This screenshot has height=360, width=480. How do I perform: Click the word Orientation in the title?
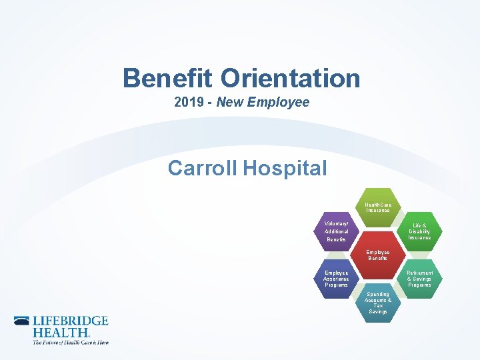pos(291,79)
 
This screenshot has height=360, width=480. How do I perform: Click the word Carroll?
pos(203,168)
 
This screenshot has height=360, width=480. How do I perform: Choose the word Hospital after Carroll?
pos(285,168)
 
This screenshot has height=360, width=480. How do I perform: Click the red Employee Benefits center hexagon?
pos(378,255)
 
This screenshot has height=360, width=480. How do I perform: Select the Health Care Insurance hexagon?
pos(378,207)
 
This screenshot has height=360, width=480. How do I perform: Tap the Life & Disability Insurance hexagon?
pos(419,231)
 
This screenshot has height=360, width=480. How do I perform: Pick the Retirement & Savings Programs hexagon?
pos(419,279)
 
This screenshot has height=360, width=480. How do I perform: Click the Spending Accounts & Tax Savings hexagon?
pos(378,303)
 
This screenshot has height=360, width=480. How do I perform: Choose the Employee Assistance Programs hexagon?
pos(337,279)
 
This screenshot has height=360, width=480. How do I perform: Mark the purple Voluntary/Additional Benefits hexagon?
pos(337,231)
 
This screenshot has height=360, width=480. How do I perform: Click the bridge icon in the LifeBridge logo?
pos(22,321)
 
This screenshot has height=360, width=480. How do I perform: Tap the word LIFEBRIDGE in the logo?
pos(70,321)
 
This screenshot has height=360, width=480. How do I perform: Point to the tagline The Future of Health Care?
pos(70,342)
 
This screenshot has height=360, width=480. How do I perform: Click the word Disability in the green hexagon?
pos(419,231)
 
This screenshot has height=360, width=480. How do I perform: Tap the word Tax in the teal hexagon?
pos(378,305)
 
